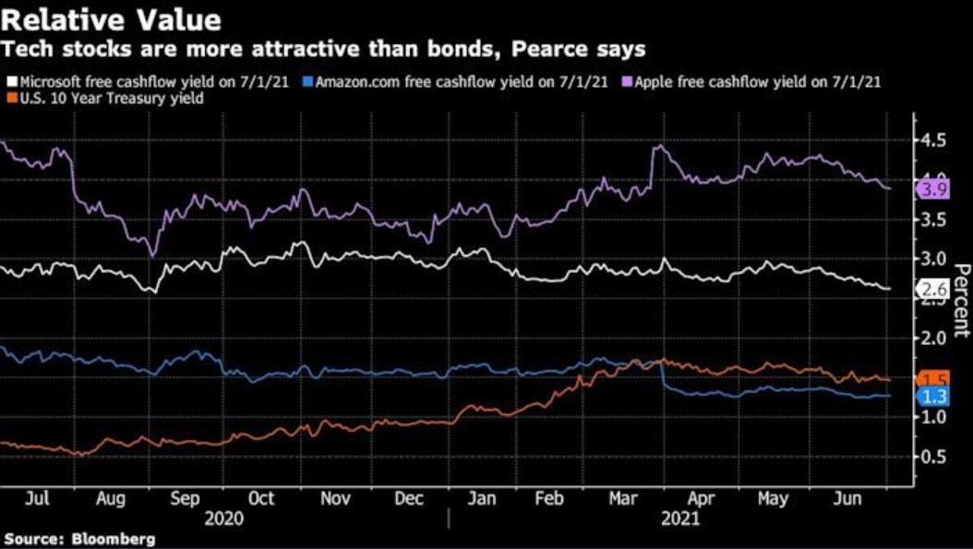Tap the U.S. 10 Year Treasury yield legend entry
click(107, 98)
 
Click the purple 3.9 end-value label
click(930, 189)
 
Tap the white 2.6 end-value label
click(930, 290)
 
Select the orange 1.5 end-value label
click(930, 380)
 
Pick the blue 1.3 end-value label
click(930, 397)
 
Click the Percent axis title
click(960, 299)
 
